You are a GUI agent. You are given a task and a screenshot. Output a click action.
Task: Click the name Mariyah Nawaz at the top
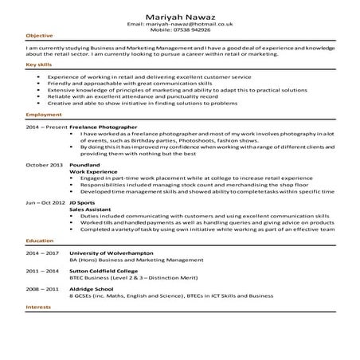179,17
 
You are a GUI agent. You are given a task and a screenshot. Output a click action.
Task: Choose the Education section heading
40,240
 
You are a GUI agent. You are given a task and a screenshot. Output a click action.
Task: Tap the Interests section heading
38,307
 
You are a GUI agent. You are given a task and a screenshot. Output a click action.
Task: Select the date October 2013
44,164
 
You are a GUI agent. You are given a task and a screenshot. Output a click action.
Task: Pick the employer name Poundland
85,164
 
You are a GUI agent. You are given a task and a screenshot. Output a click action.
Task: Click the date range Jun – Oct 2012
45,202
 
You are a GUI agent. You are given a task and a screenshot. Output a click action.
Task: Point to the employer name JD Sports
83,202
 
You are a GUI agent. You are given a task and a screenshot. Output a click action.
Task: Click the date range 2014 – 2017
42,252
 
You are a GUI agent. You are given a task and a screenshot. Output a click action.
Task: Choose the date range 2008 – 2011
42,288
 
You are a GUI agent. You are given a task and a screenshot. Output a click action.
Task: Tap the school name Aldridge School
92,288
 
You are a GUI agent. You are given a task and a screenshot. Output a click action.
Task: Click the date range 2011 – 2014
42,271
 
